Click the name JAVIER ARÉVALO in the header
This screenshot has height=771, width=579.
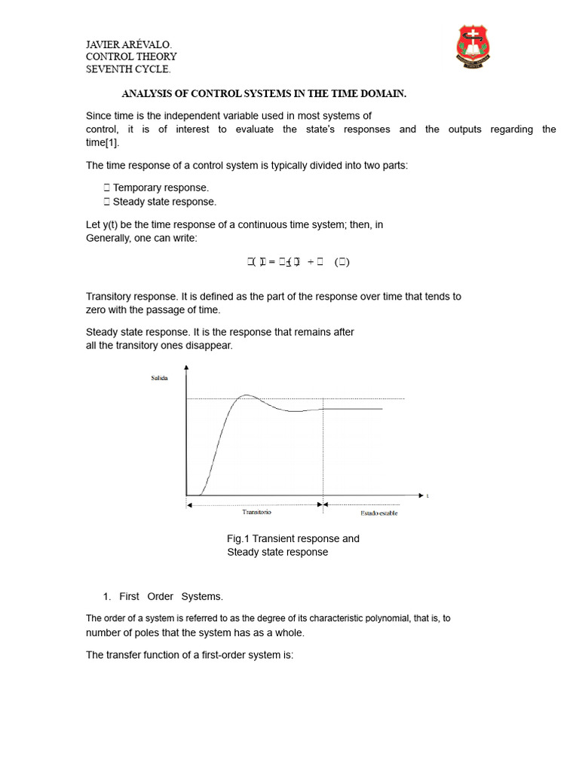[x=133, y=44]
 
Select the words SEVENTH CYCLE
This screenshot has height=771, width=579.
[x=128, y=69]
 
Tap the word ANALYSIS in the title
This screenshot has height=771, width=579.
[x=146, y=94]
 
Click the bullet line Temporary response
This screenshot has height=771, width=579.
[x=161, y=187]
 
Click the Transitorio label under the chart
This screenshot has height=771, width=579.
[x=256, y=512]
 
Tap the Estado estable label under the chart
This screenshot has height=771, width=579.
[x=374, y=513]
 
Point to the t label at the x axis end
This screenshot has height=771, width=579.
[x=427, y=495]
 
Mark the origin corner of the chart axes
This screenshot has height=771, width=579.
[x=186, y=495]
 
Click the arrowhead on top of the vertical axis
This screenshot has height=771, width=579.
[x=186, y=368]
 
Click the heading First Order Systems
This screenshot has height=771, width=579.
[x=171, y=596]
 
